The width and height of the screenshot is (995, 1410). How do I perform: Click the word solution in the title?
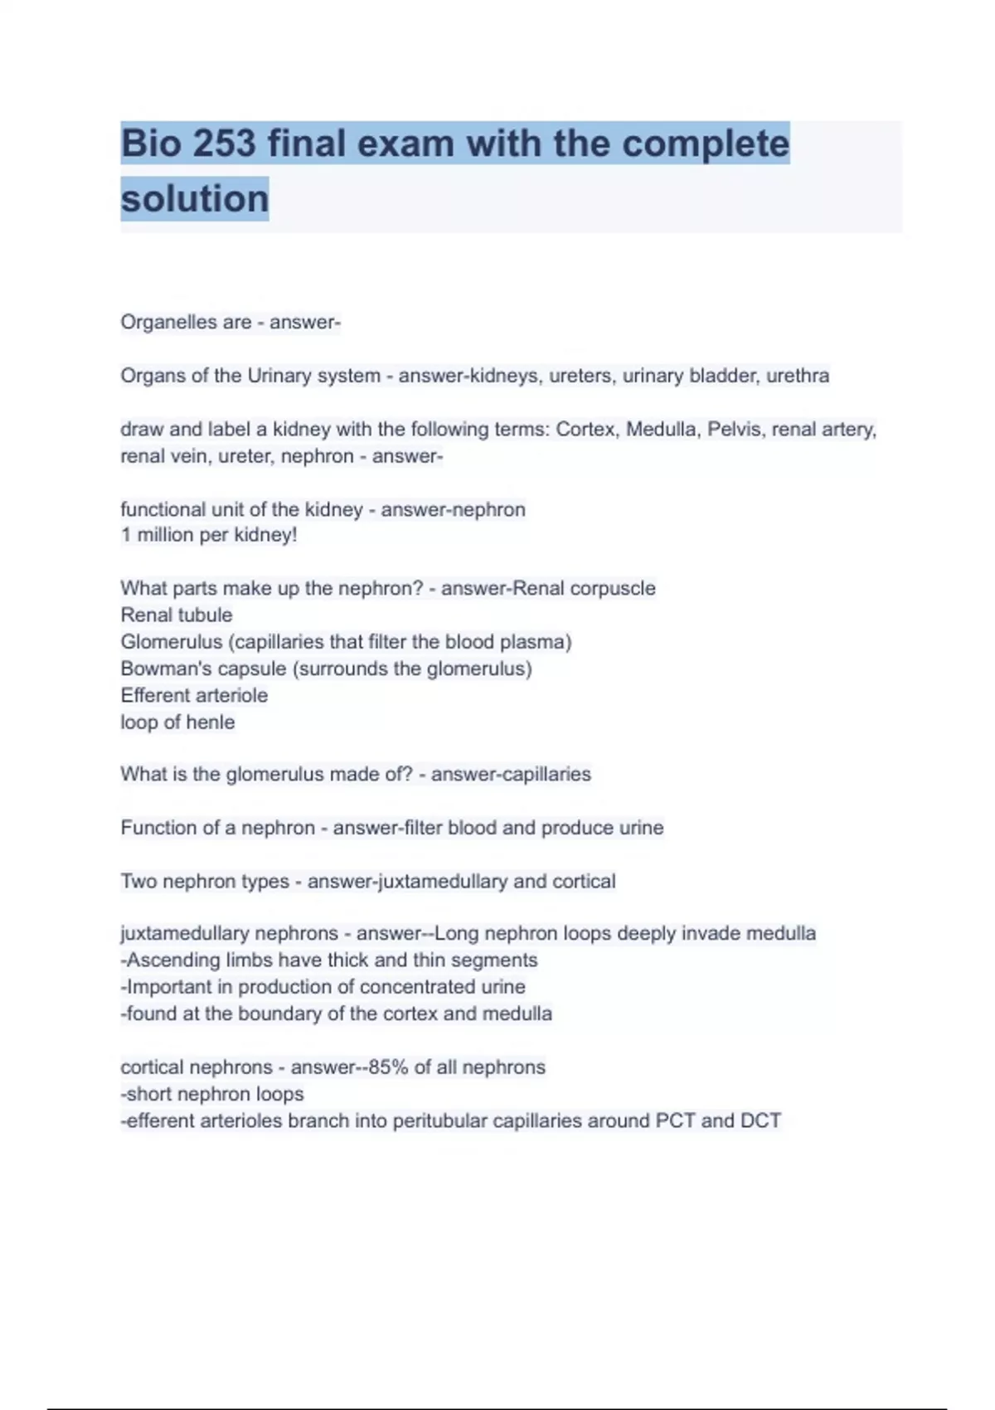(x=195, y=199)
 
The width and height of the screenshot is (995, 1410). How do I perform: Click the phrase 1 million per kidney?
(x=209, y=535)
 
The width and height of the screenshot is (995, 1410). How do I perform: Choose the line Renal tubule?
(x=177, y=615)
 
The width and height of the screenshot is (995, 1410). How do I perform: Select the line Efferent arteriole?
(x=194, y=695)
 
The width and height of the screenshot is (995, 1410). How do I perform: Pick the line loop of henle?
(x=177, y=722)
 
